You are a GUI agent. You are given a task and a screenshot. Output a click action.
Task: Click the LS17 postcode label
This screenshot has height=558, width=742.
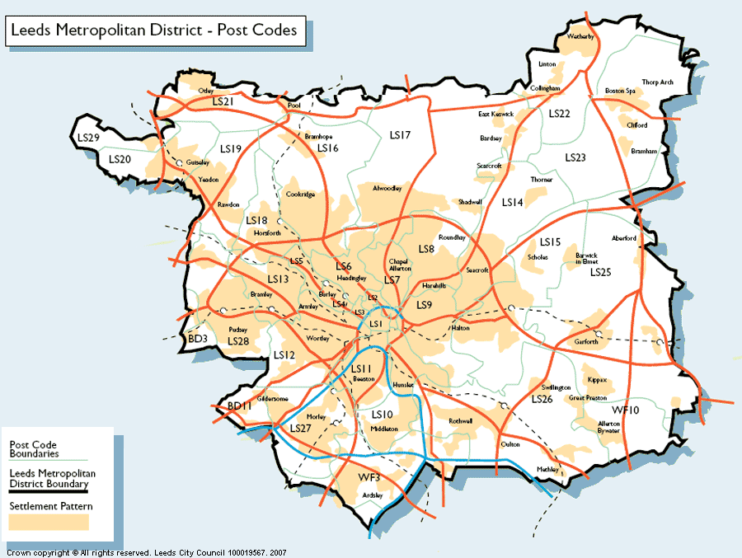click(x=400, y=134)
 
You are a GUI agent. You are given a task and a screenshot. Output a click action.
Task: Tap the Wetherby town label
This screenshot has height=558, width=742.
click(x=581, y=37)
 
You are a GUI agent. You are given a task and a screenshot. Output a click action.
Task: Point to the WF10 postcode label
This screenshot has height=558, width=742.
click(x=625, y=410)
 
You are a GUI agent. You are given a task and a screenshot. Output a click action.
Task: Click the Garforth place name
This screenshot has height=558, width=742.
click(x=586, y=342)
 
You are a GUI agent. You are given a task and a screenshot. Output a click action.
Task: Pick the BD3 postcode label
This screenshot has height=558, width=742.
click(x=197, y=339)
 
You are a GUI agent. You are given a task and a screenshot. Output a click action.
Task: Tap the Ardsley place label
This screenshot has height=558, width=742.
click(x=373, y=495)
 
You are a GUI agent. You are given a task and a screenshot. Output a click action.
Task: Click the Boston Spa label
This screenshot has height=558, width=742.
click(x=621, y=91)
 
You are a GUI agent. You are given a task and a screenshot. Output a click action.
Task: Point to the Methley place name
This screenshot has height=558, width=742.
click(x=547, y=469)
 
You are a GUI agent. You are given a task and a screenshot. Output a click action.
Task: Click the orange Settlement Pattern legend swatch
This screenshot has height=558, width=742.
click(x=49, y=522)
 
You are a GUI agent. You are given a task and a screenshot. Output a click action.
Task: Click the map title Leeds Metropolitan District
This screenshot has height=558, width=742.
click(x=157, y=31)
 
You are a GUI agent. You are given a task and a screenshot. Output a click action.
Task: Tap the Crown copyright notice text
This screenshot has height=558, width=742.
click(x=144, y=552)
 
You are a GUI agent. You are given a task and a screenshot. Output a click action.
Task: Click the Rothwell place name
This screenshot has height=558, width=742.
click(x=461, y=420)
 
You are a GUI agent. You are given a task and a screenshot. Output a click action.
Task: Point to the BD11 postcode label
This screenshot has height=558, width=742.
click(x=239, y=406)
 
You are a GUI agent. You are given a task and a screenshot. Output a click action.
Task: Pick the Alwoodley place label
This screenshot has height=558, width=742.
click(x=387, y=188)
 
